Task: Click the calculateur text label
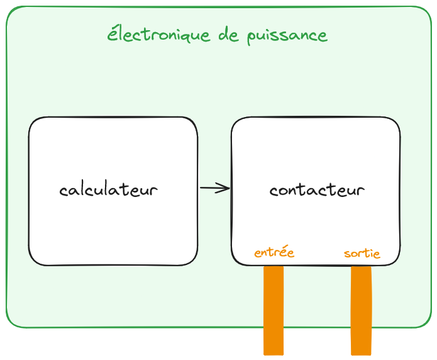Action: point(108,189)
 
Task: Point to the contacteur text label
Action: point(317,189)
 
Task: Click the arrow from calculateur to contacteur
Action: point(214,188)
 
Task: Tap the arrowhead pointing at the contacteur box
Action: point(226,188)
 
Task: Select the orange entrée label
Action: point(274,253)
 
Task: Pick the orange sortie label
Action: point(362,254)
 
